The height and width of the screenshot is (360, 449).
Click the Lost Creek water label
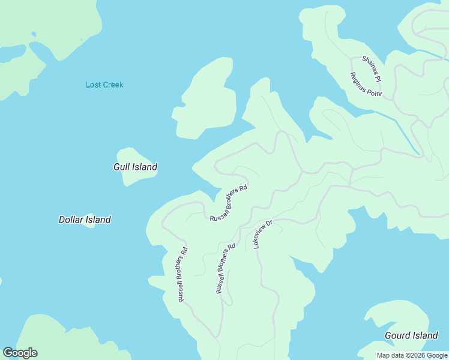click(104, 85)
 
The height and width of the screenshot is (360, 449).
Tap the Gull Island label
click(135, 167)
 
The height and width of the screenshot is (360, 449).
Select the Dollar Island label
click(85, 220)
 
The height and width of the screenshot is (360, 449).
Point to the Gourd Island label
click(411, 335)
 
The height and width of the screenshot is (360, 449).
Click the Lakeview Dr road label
click(263, 235)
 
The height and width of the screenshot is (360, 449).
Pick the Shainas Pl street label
click(372, 68)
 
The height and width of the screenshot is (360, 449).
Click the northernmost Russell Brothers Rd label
click(229, 203)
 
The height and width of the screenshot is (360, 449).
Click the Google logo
click(20, 353)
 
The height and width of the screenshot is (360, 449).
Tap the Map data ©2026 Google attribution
click(412, 355)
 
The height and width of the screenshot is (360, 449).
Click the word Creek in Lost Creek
click(113, 85)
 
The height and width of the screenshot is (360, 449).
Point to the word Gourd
click(397, 335)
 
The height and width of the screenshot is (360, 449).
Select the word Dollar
click(71, 220)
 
